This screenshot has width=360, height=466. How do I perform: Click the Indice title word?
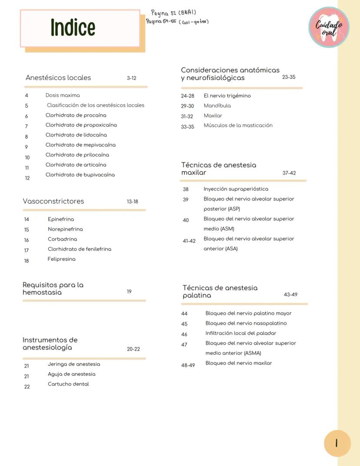(x=73, y=27)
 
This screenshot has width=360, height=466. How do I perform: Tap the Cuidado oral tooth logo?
(x=329, y=27)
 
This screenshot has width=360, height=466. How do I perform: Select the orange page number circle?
(x=337, y=443)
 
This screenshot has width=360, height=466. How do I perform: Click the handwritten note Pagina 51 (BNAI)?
(x=173, y=13)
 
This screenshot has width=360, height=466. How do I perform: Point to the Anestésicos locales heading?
(x=58, y=78)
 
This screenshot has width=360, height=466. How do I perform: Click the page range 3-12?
(x=132, y=78)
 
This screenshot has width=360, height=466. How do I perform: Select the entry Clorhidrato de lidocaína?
(x=76, y=135)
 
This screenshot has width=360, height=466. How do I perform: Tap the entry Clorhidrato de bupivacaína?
(x=80, y=175)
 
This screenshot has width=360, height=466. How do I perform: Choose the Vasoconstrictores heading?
(x=53, y=201)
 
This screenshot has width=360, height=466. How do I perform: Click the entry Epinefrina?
(x=61, y=219)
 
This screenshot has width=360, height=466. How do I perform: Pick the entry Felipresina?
(x=61, y=259)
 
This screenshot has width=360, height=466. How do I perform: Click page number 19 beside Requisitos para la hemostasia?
(x=129, y=292)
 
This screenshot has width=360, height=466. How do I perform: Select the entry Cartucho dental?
(x=68, y=384)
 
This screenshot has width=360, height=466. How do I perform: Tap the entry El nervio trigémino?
(x=227, y=96)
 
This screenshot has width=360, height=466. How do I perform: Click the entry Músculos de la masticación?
(x=238, y=125)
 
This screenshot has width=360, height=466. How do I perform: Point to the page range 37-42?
(x=289, y=173)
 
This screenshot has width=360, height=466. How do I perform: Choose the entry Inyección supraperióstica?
(x=236, y=189)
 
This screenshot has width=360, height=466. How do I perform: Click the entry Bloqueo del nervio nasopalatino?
(x=246, y=323)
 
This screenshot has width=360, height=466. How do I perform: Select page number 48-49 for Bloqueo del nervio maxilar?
(x=188, y=365)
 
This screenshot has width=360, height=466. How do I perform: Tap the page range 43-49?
(x=290, y=295)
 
